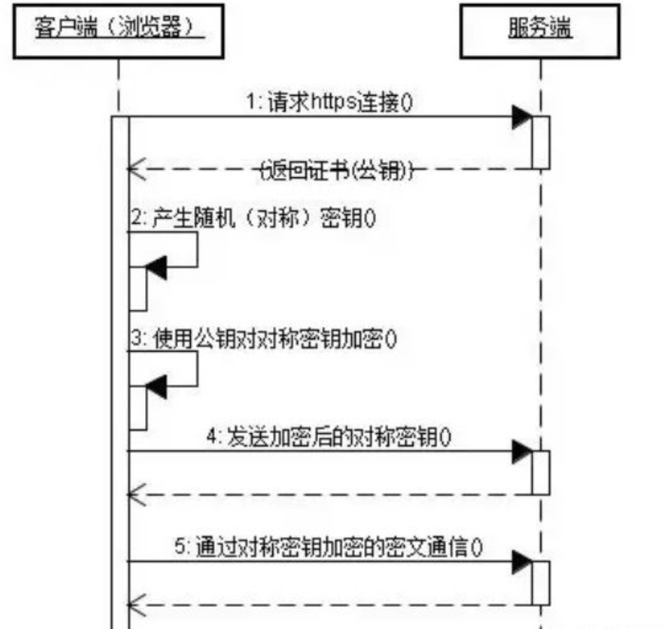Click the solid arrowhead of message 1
coord(521,117)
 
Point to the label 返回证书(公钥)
coord(337,170)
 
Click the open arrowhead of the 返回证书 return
coord(135,170)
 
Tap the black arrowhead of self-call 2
coord(156,267)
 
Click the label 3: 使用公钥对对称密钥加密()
coord(262,340)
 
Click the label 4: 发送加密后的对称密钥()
coord(330,437)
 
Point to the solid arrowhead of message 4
coord(521,450)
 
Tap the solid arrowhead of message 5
coord(521,562)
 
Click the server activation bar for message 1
coord(539,143)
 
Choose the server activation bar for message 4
coord(539,472)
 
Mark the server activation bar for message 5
coord(539,583)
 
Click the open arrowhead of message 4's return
coord(135,495)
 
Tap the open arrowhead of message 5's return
coord(135,605)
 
